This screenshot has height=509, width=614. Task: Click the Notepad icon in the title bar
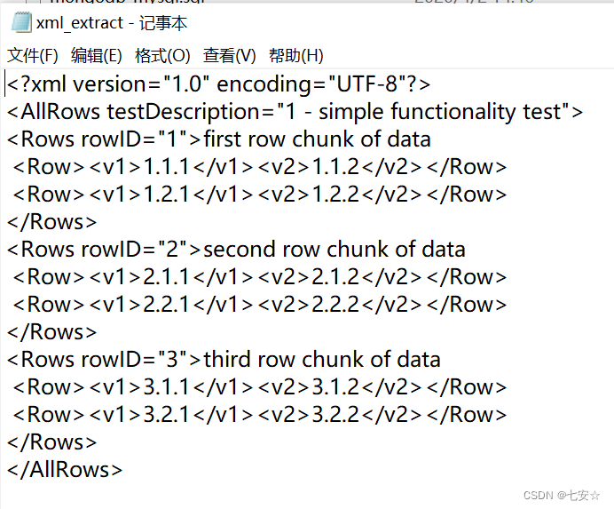click(x=20, y=23)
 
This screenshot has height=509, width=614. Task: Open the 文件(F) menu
click(x=33, y=55)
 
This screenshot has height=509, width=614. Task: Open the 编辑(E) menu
click(x=97, y=55)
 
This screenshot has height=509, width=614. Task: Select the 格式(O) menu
click(x=162, y=55)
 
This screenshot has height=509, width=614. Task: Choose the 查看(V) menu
click(x=229, y=55)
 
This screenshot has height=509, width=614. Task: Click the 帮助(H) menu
click(x=296, y=55)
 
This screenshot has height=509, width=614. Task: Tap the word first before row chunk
click(x=223, y=139)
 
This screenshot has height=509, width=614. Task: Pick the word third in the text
click(x=227, y=360)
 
